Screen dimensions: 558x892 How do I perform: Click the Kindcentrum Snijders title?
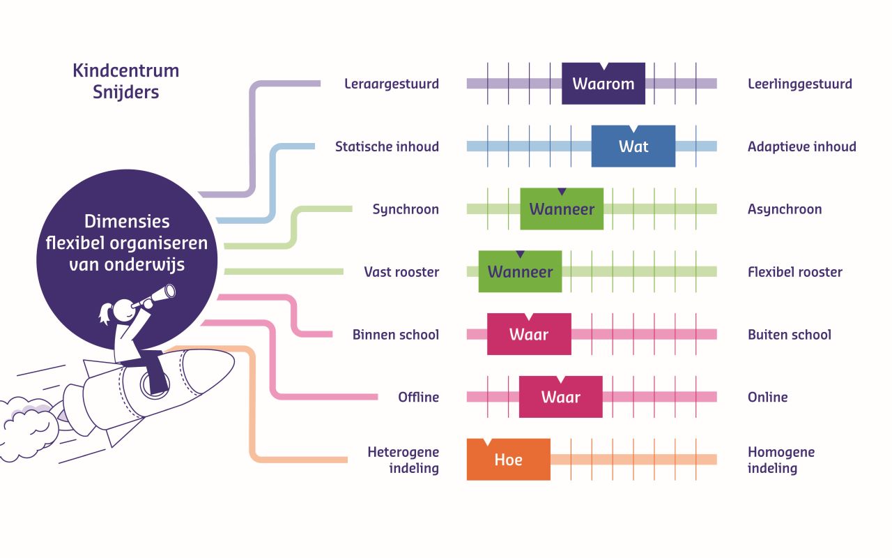pyautogui.click(x=125, y=81)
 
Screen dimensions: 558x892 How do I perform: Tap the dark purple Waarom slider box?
pyautogui.click(x=603, y=84)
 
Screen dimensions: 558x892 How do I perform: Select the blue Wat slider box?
pyautogui.click(x=633, y=146)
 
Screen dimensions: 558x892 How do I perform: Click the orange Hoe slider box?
pyautogui.click(x=508, y=460)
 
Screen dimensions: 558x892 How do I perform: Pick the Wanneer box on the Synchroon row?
pyautogui.click(x=562, y=209)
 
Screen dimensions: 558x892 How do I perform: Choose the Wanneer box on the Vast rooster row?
pyautogui.click(x=520, y=272)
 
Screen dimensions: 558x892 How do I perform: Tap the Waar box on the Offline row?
pyautogui.click(x=560, y=398)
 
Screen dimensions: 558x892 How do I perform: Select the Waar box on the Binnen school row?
pyautogui.click(x=529, y=335)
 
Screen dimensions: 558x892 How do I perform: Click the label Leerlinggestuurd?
pyautogui.click(x=799, y=84)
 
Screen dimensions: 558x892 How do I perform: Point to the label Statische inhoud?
pyautogui.click(x=387, y=147)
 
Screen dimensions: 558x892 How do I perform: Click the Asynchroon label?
pyautogui.click(x=785, y=209)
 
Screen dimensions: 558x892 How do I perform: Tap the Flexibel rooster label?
pyautogui.click(x=794, y=272)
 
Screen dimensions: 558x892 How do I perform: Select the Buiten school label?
pyautogui.click(x=789, y=335)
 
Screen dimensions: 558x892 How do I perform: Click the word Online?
pyautogui.click(x=767, y=398)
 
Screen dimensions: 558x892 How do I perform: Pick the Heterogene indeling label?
pyautogui.click(x=403, y=460)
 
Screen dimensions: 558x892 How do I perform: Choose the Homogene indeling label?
pyautogui.click(x=780, y=460)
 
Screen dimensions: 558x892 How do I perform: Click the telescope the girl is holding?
pyautogui.click(x=155, y=300)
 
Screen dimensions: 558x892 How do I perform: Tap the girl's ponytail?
pyautogui.click(x=105, y=313)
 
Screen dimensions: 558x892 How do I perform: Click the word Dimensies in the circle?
pyautogui.click(x=127, y=222)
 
